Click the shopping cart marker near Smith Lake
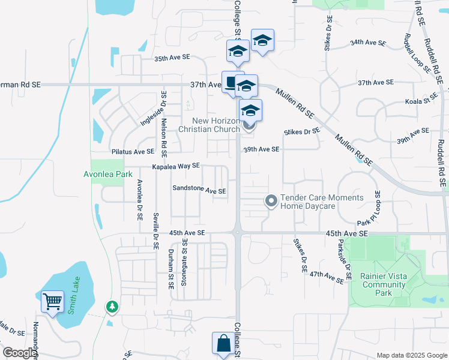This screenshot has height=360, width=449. (53, 301)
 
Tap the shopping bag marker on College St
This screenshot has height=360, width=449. (223, 344)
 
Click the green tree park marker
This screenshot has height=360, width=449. (112, 307)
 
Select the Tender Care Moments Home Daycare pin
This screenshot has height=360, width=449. (271, 202)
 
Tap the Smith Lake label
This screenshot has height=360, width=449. (75, 292)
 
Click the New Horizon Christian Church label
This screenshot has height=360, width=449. (212, 124)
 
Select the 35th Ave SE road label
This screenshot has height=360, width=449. (172, 58)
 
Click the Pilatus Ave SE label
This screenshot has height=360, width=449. (133, 152)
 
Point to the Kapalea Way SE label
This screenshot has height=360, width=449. (175, 166)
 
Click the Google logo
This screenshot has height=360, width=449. (19, 353)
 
